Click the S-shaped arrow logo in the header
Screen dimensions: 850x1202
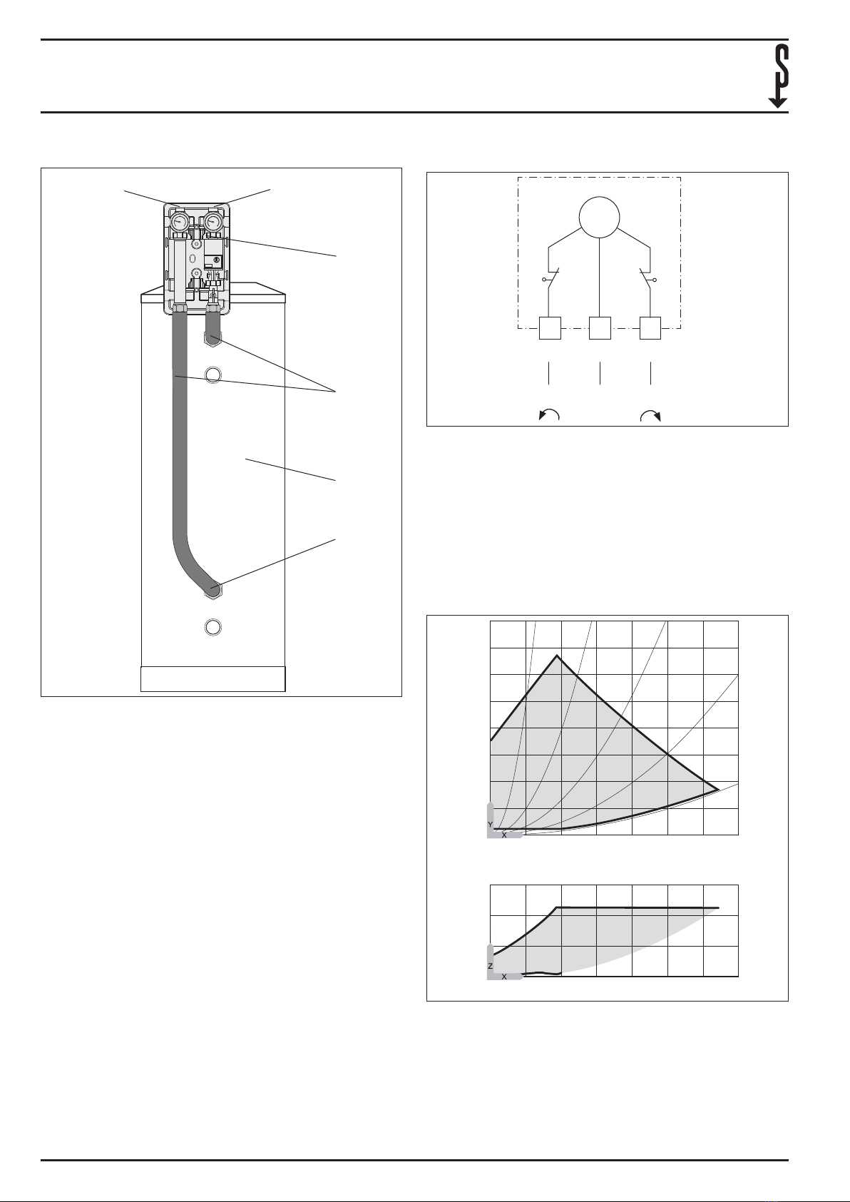pyautogui.click(x=778, y=76)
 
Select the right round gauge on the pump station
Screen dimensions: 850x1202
pyautogui.click(x=213, y=220)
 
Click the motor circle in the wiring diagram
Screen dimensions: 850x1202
pyautogui.click(x=600, y=218)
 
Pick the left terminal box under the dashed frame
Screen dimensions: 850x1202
pyautogui.click(x=550, y=328)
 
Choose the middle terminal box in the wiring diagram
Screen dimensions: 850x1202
pyautogui.click(x=600, y=328)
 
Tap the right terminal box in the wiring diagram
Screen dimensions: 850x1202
pyautogui.click(x=650, y=328)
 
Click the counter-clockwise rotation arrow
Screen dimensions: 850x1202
pyautogui.click(x=548, y=414)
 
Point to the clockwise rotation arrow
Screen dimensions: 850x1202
pyautogui.click(x=650, y=414)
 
